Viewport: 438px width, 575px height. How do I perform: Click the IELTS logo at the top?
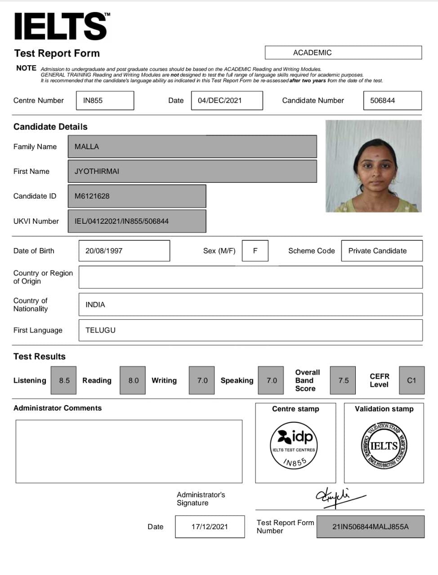click(x=61, y=26)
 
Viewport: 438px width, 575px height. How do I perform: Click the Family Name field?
click(x=192, y=147)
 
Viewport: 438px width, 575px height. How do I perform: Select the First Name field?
click(x=192, y=171)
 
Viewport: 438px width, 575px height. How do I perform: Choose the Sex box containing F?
click(x=255, y=251)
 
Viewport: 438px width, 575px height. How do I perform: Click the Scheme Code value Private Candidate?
click(x=381, y=251)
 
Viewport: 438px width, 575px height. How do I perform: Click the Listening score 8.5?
click(x=64, y=380)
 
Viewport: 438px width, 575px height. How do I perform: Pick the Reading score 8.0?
click(x=133, y=380)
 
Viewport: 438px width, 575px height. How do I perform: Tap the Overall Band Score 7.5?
click(x=343, y=380)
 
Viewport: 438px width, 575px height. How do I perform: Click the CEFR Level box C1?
click(x=411, y=380)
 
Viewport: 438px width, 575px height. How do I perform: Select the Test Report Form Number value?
click(x=370, y=526)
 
